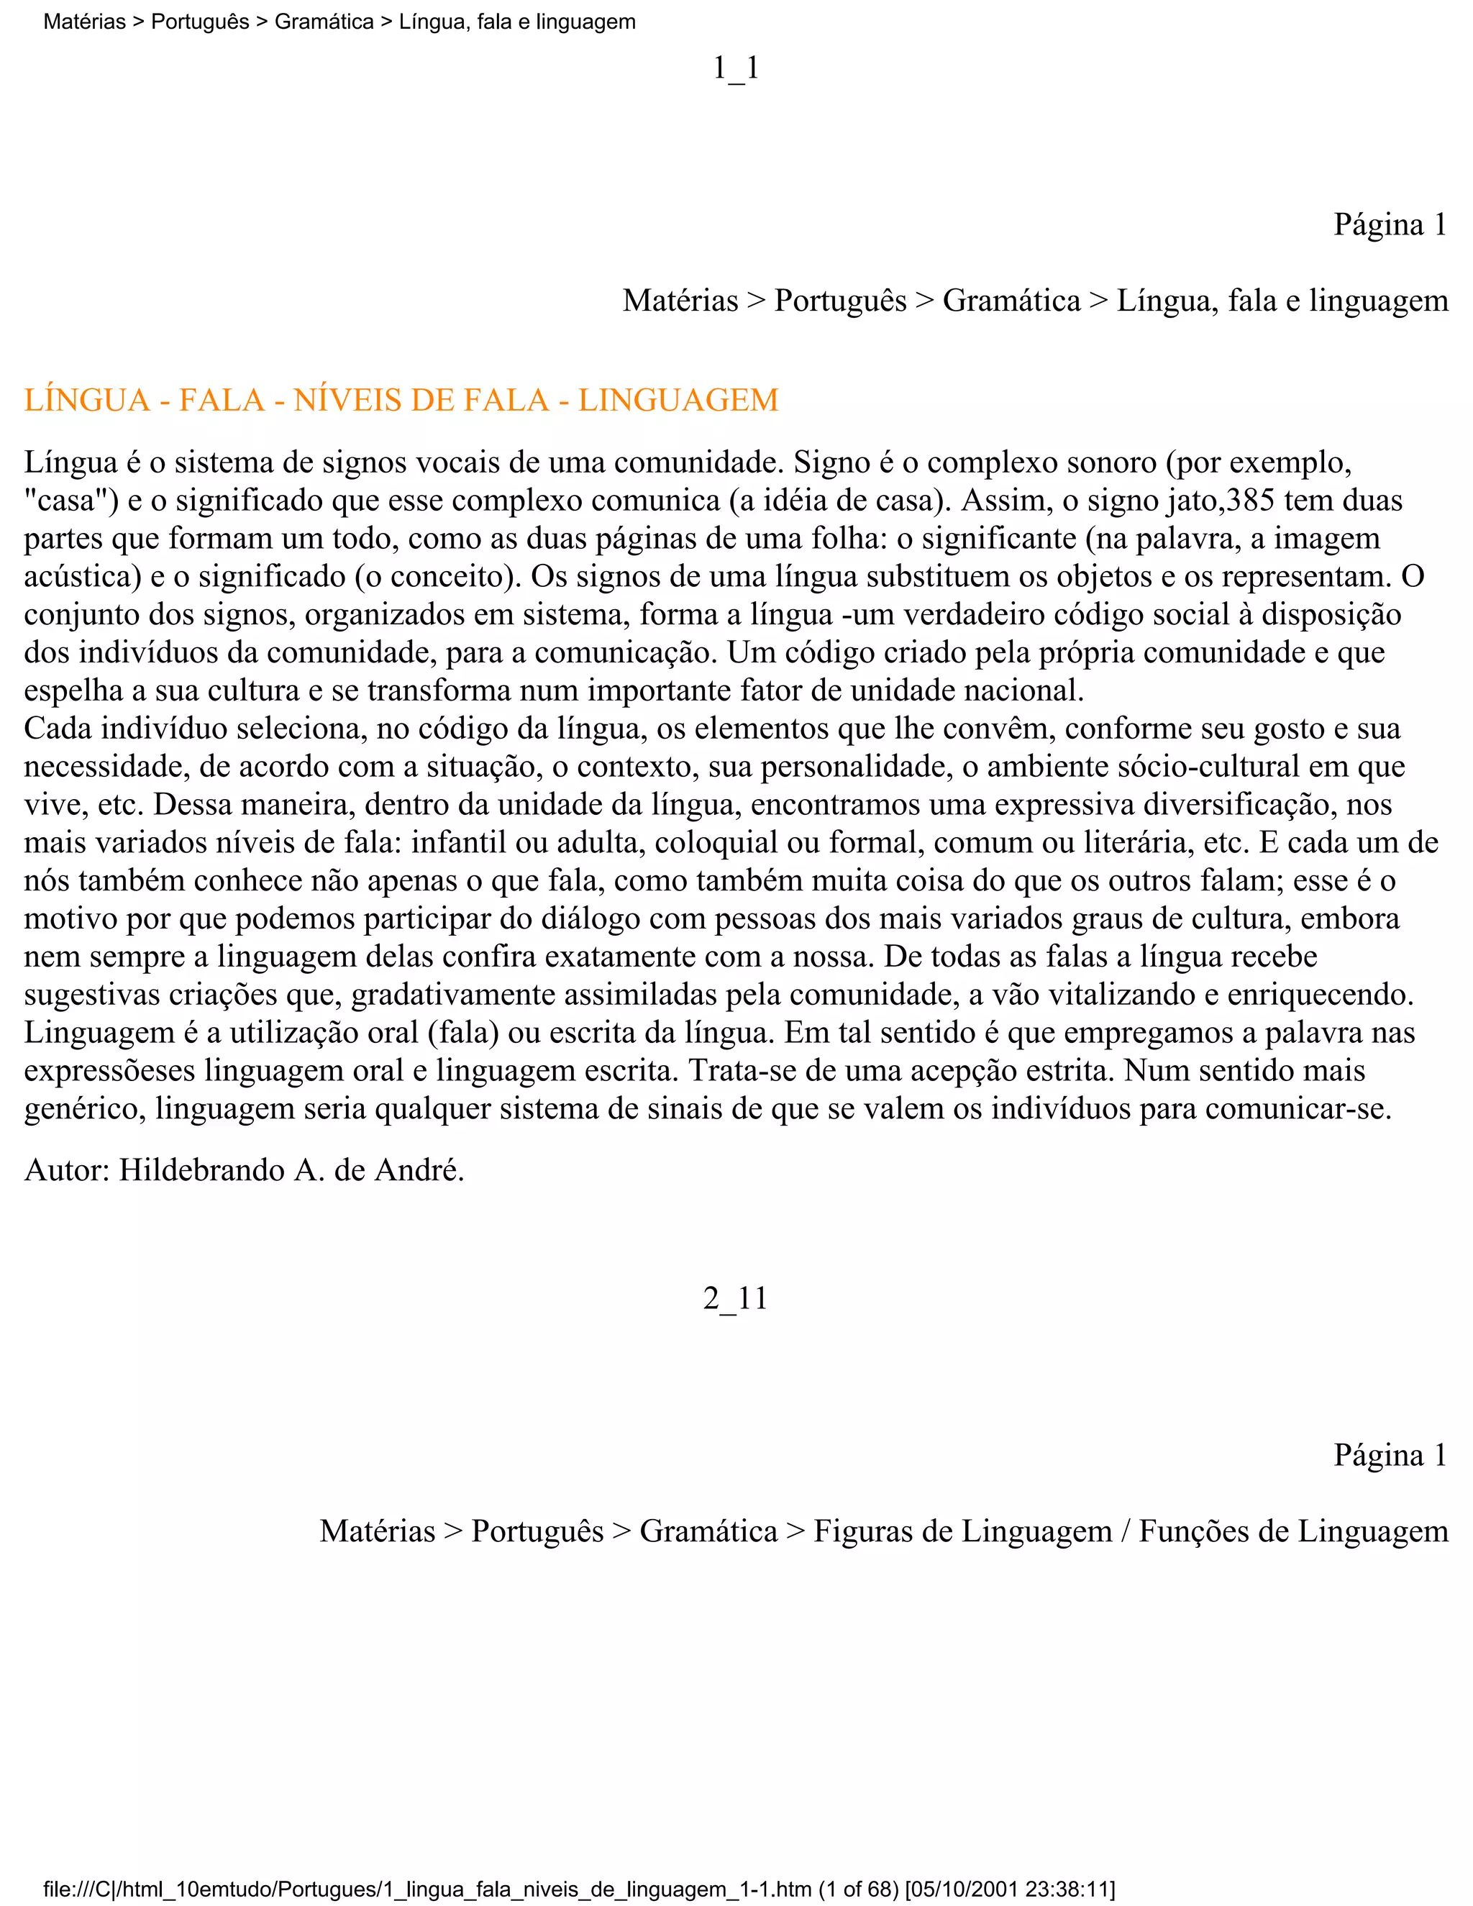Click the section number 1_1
[736, 68]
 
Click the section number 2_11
[736, 1298]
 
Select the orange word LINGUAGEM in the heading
[678, 400]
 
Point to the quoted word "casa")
[70, 500]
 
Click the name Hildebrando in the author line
[201, 1169]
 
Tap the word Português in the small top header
[200, 22]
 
